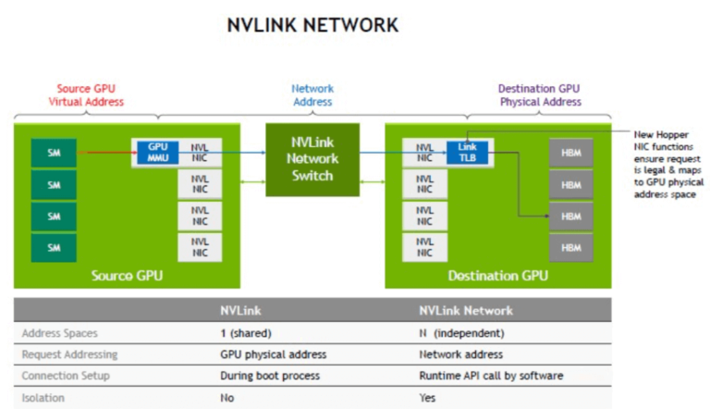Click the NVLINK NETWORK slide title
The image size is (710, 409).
312,25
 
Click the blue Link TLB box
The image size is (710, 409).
467,152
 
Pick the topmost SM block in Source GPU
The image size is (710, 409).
53,152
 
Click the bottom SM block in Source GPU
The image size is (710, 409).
53,247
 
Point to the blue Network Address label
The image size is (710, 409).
312,95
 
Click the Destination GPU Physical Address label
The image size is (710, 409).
540,95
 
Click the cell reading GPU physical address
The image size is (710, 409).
273,354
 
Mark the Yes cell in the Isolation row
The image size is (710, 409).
427,399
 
